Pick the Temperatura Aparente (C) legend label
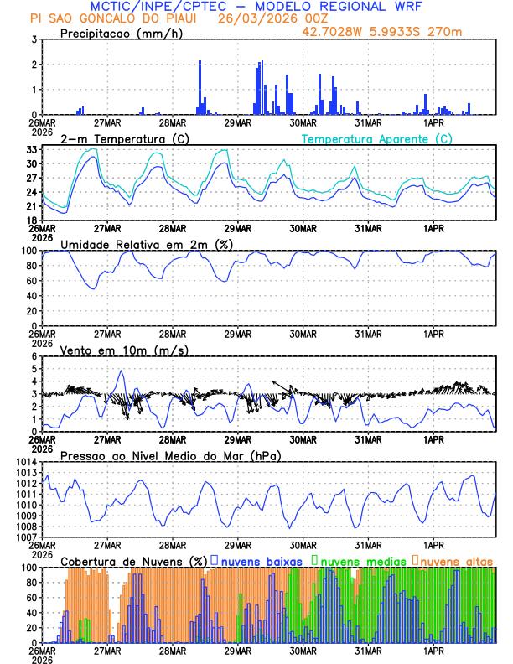377,138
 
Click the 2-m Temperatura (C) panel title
126,138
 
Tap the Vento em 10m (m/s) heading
124,350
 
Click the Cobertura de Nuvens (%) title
134,560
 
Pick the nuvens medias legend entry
359,560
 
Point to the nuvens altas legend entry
456,560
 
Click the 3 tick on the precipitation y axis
34,39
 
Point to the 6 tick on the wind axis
34,357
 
